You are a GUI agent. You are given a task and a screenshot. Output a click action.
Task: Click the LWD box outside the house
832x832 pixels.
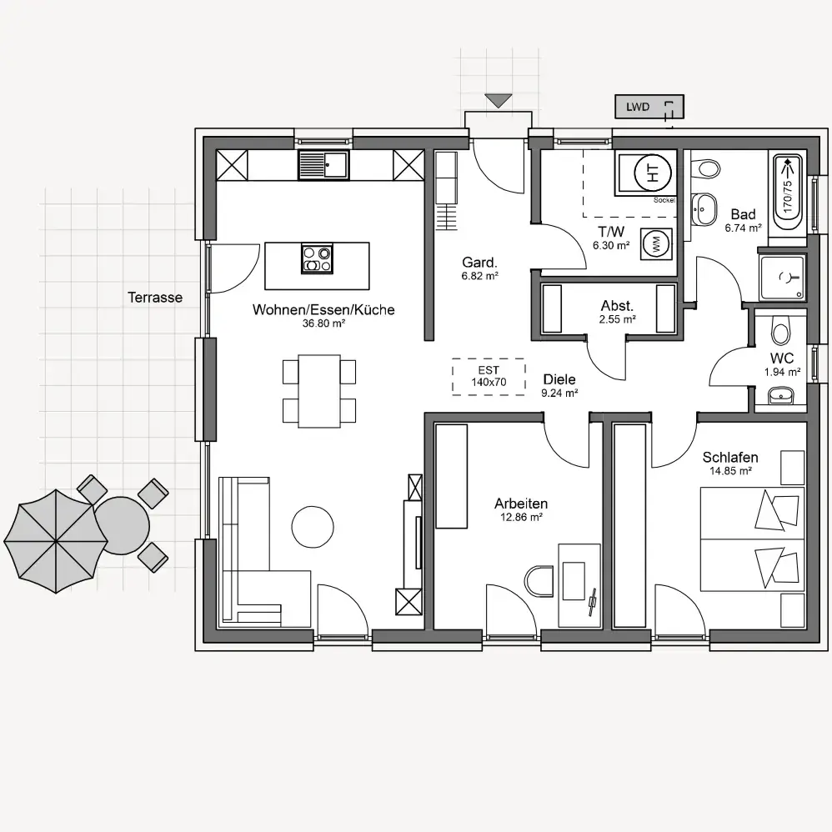pos(649,107)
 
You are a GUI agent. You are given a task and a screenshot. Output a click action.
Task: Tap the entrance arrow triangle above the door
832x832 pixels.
pos(499,100)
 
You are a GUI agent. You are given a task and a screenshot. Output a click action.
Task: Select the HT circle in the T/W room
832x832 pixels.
pos(653,172)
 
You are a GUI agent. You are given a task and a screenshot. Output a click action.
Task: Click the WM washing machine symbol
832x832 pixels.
pos(656,244)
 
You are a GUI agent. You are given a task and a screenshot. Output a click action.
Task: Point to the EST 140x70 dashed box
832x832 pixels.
pos(489,377)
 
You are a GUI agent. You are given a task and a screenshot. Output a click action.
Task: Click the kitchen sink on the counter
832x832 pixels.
pos(323,164)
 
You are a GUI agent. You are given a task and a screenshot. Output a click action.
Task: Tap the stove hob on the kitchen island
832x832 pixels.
pos(318,258)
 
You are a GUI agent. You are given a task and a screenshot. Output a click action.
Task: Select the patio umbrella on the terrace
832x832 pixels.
pos(56,541)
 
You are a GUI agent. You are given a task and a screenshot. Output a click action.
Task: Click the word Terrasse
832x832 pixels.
pos(155,297)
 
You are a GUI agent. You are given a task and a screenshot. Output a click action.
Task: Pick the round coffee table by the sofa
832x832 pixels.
pos(313,526)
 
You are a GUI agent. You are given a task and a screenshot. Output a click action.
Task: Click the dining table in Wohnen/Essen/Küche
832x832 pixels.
pos(319,391)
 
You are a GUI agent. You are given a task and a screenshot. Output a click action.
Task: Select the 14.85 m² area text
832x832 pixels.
pos(730,471)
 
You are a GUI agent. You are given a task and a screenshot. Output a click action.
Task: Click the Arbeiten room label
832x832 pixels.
pos(521,504)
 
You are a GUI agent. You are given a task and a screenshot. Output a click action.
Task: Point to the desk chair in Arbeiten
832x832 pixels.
pos(539,581)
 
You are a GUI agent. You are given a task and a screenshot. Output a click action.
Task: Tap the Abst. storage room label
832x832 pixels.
pos(617,306)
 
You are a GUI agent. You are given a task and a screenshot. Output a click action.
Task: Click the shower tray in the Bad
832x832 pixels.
pos(783,277)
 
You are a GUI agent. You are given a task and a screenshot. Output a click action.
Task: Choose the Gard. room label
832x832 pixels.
pos(479,262)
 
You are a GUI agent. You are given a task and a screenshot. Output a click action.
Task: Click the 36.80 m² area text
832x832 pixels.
pos(323,323)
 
